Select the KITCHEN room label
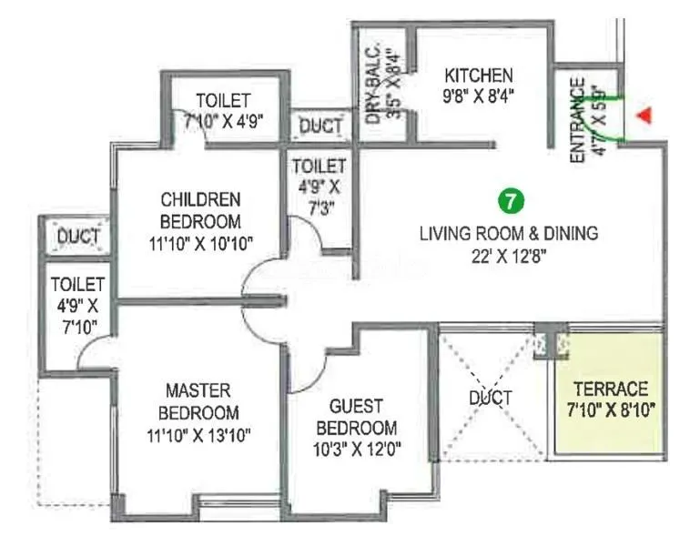pyautogui.click(x=479, y=75)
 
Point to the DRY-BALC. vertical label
pyautogui.click(x=371, y=87)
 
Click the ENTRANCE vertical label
pyautogui.click(x=577, y=122)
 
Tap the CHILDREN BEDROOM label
pyautogui.click(x=200, y=209)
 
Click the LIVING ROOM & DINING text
pyautogui.click(x=508, y=234)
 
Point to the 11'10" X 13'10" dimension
pyautogui.click(x=200, y=435)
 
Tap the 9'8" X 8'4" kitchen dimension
pyautogui.click(x=479, y=96)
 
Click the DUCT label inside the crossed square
pyautogui.click(x=491, y=398)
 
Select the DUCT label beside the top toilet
pyautogui.click(x=321, y=126)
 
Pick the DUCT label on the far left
pyautogui.click(x=78, y=238)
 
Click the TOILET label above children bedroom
pyautogui.click(x=223, y=100)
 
